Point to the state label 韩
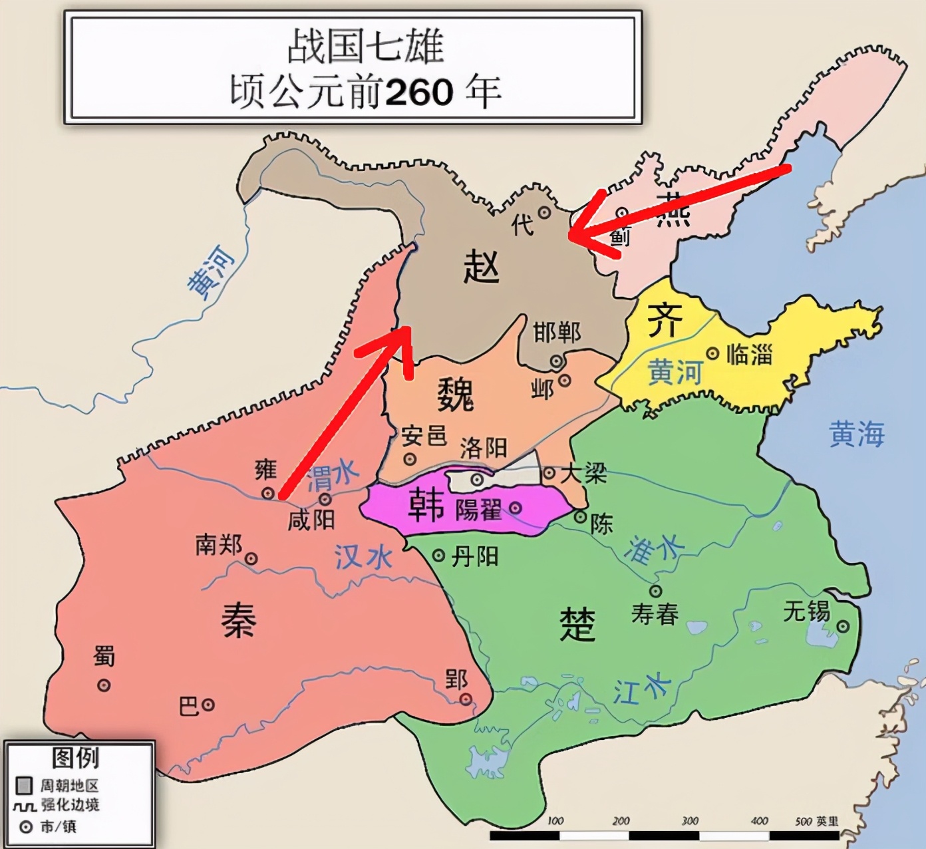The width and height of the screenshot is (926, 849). pos(426,505)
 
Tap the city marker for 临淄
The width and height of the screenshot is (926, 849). pos(712,353)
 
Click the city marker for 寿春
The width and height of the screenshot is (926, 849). pos(655,591)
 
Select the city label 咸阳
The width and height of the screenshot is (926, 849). pos(311,520)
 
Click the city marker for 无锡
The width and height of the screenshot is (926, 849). pos(843,626)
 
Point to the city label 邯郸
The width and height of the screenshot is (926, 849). pos(556,332)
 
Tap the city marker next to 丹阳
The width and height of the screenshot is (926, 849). pos(438,556)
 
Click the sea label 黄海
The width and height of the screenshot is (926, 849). pos(857,434)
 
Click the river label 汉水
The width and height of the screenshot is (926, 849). pos(363,556)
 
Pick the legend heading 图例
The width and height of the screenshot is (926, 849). pos(75,758)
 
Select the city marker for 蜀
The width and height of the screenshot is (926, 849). pos(104,685)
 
